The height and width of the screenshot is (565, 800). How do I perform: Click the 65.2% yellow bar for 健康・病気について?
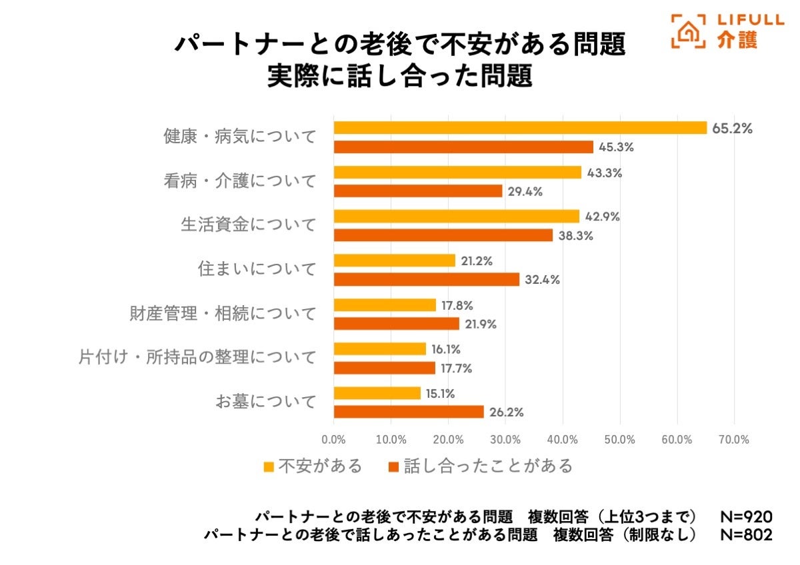520,128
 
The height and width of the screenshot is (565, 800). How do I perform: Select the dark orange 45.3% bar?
463,147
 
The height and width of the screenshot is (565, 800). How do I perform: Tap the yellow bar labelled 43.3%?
457,172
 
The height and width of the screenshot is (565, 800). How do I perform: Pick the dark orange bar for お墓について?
409,412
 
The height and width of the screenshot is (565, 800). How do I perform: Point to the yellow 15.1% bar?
377,393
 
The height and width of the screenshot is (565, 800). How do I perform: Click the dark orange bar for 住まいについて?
427,279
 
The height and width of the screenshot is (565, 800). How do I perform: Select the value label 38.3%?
576,235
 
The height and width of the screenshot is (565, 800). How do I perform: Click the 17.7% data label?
458,368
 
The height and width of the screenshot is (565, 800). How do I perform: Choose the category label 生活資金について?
248,225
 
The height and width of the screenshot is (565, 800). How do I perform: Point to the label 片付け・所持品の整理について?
197,358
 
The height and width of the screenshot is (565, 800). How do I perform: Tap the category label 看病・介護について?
239,181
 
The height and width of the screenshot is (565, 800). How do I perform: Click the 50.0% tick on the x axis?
620,440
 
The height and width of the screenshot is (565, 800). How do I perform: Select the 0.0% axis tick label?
333,440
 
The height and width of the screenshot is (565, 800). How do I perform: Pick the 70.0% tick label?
734,440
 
